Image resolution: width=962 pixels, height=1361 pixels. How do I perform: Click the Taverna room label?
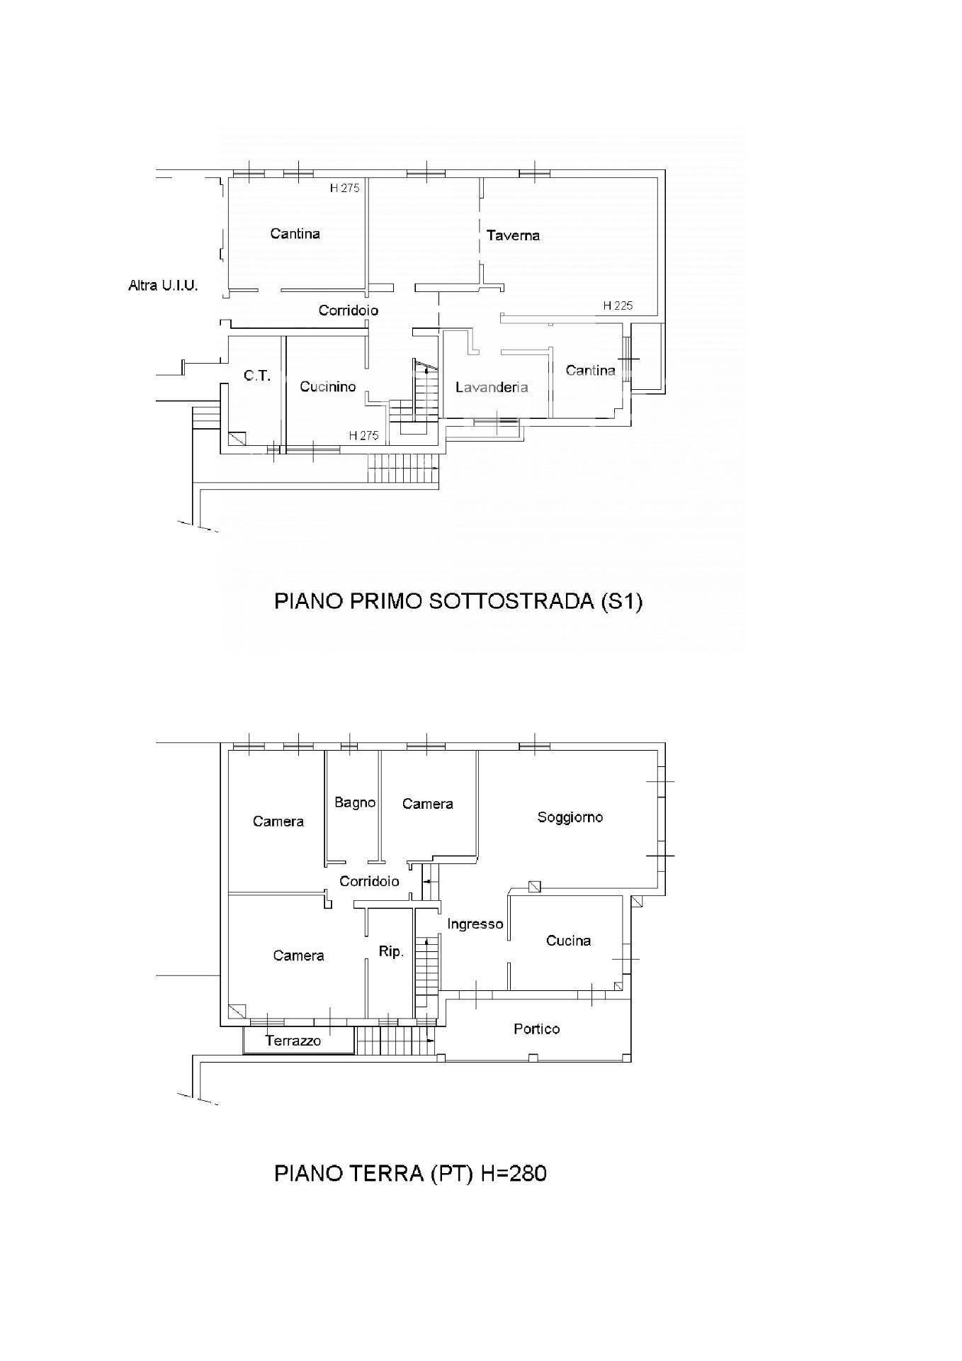tap(513, 235)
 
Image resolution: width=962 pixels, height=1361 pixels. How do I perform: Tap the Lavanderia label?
tap(492, 387)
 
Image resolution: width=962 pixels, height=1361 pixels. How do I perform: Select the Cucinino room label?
tap(327, 386)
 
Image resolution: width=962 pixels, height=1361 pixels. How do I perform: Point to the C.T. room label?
tap(257, 376)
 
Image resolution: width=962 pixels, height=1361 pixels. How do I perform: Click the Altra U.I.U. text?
tap(163, 286)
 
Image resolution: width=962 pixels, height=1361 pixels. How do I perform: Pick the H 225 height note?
tap(618, 306)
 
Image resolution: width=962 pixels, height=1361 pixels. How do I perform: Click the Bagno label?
tap(355, 802)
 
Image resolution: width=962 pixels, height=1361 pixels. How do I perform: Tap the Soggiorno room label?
tap(570, 817)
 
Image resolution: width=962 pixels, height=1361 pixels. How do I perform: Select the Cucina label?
tap(568, 941)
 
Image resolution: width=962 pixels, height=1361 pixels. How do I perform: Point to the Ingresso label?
tap(475, 924)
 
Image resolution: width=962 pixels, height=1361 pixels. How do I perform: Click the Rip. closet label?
tap(390, 952)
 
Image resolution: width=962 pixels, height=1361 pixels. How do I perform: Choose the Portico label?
tap(536, 1029)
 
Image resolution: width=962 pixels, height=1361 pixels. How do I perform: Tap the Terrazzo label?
tap(293, 1041)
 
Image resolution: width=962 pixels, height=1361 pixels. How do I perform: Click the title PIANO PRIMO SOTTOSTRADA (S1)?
tap(458, 602)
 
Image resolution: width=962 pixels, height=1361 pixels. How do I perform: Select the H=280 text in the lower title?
tap(514, 1173)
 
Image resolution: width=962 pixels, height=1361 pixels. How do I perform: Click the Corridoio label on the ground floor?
tap(369, 881)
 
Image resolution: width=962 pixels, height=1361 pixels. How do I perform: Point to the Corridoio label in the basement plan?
tap(348, 310)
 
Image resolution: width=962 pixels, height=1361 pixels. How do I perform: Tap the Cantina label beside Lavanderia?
tap(590, 370)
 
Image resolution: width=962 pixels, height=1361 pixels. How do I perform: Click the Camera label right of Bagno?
tap(427, 804)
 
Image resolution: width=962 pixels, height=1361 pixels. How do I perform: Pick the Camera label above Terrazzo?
tap(298, 956)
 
